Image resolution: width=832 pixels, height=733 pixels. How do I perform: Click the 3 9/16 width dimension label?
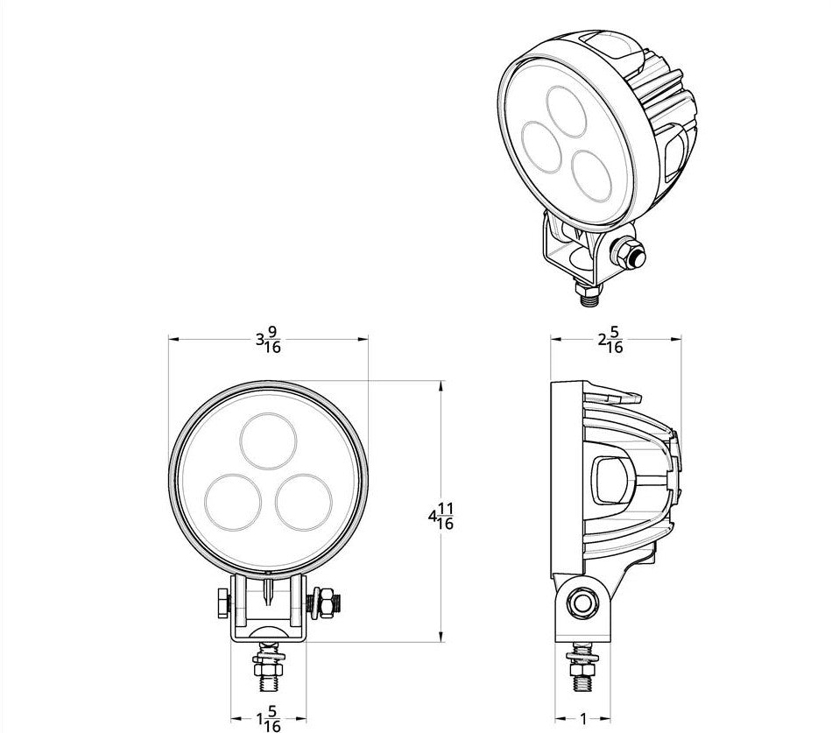tap(267, 341)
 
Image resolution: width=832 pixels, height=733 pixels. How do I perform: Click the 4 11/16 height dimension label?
tap(441, 517)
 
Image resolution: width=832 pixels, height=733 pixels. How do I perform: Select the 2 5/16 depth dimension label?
tap(610, 341)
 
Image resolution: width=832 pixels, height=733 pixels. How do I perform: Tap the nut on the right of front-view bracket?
tap(325, 603)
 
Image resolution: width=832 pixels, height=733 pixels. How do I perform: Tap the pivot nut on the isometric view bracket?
tap(629, 253)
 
